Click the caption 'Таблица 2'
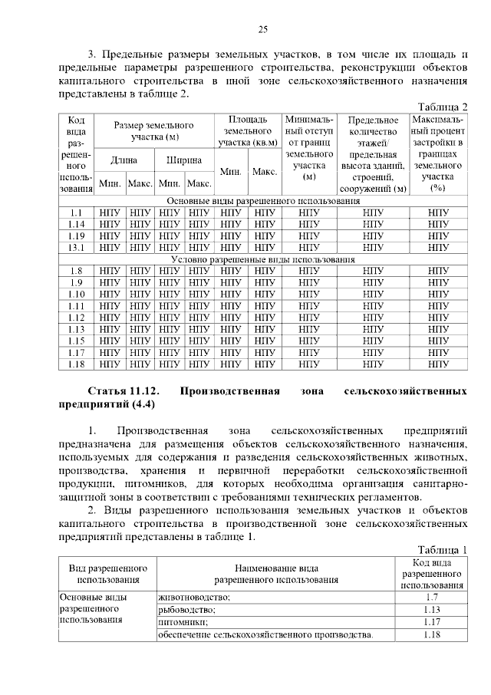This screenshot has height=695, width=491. click(x=442, y=107)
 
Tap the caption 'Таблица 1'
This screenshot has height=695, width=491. click(x=442, y=549)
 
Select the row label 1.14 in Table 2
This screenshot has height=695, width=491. click(x=75, y=224)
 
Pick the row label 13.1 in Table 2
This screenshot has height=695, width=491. click(x=75, y=248)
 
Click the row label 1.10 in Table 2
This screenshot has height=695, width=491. click(x=75, y=294)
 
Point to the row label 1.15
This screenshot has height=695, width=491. click(x=75, y=341)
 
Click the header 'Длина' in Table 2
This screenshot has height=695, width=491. click(x=124, y=160)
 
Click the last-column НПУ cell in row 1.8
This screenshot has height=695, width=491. click(x=438, y=271)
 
